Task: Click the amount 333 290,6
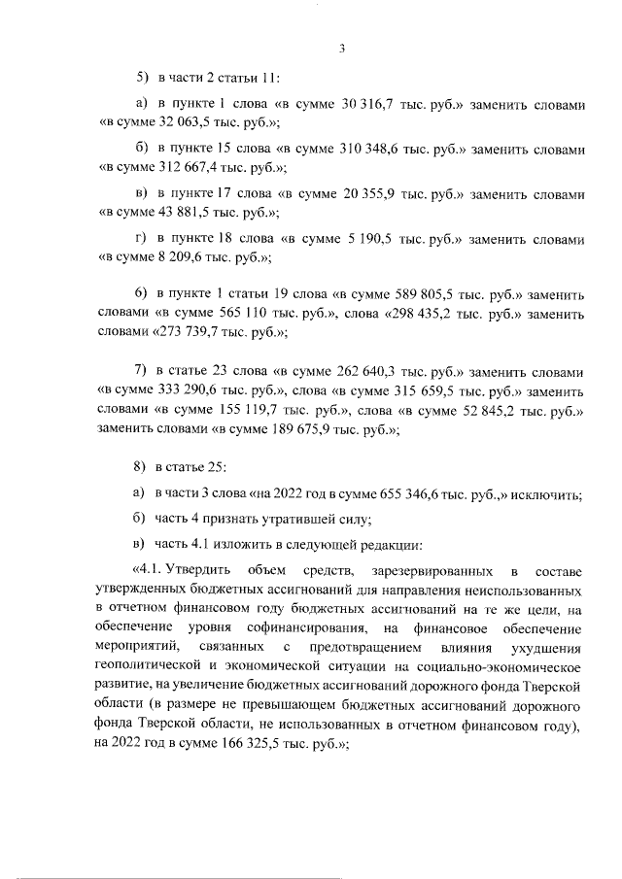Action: tap(189, 392)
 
